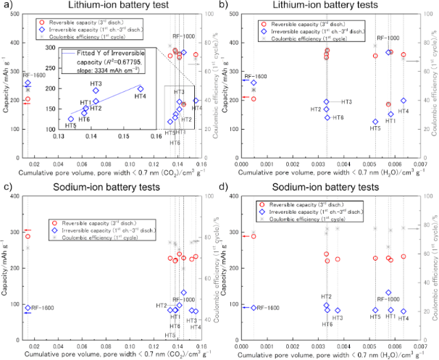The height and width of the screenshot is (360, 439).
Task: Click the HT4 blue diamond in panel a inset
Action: point(140,88)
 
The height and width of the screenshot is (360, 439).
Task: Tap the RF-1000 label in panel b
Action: point(388,38)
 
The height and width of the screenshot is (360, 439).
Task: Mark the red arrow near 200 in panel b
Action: point(246,98)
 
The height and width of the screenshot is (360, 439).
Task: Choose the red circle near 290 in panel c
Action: point(28,236)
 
